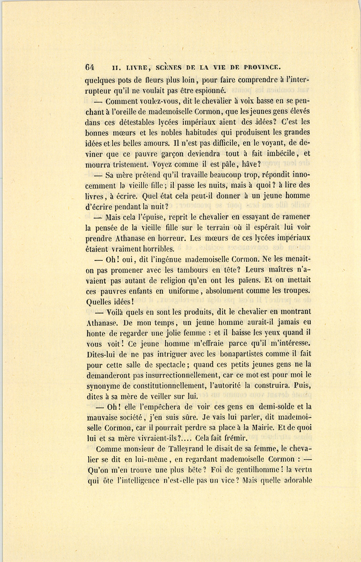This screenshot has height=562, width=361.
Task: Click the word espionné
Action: (x=210, y=90)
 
